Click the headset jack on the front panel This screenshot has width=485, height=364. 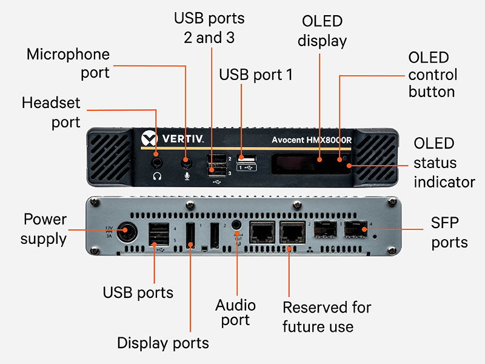(158, 162)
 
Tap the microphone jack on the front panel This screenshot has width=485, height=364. (186, 162)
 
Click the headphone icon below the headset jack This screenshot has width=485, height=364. (158, 177)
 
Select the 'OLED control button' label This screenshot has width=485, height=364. (432, 75)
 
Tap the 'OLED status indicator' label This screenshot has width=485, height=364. (444, 163)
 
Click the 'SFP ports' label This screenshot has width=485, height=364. (450, 234)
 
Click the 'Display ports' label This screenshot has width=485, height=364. (162, 343)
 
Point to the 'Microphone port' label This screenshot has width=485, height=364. (68, 63)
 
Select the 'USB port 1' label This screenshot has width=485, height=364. (256, 75)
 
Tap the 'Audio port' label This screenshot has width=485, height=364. (236, 312)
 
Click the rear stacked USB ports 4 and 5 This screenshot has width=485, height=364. (159, 233)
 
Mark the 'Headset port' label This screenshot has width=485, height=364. (51, 112)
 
